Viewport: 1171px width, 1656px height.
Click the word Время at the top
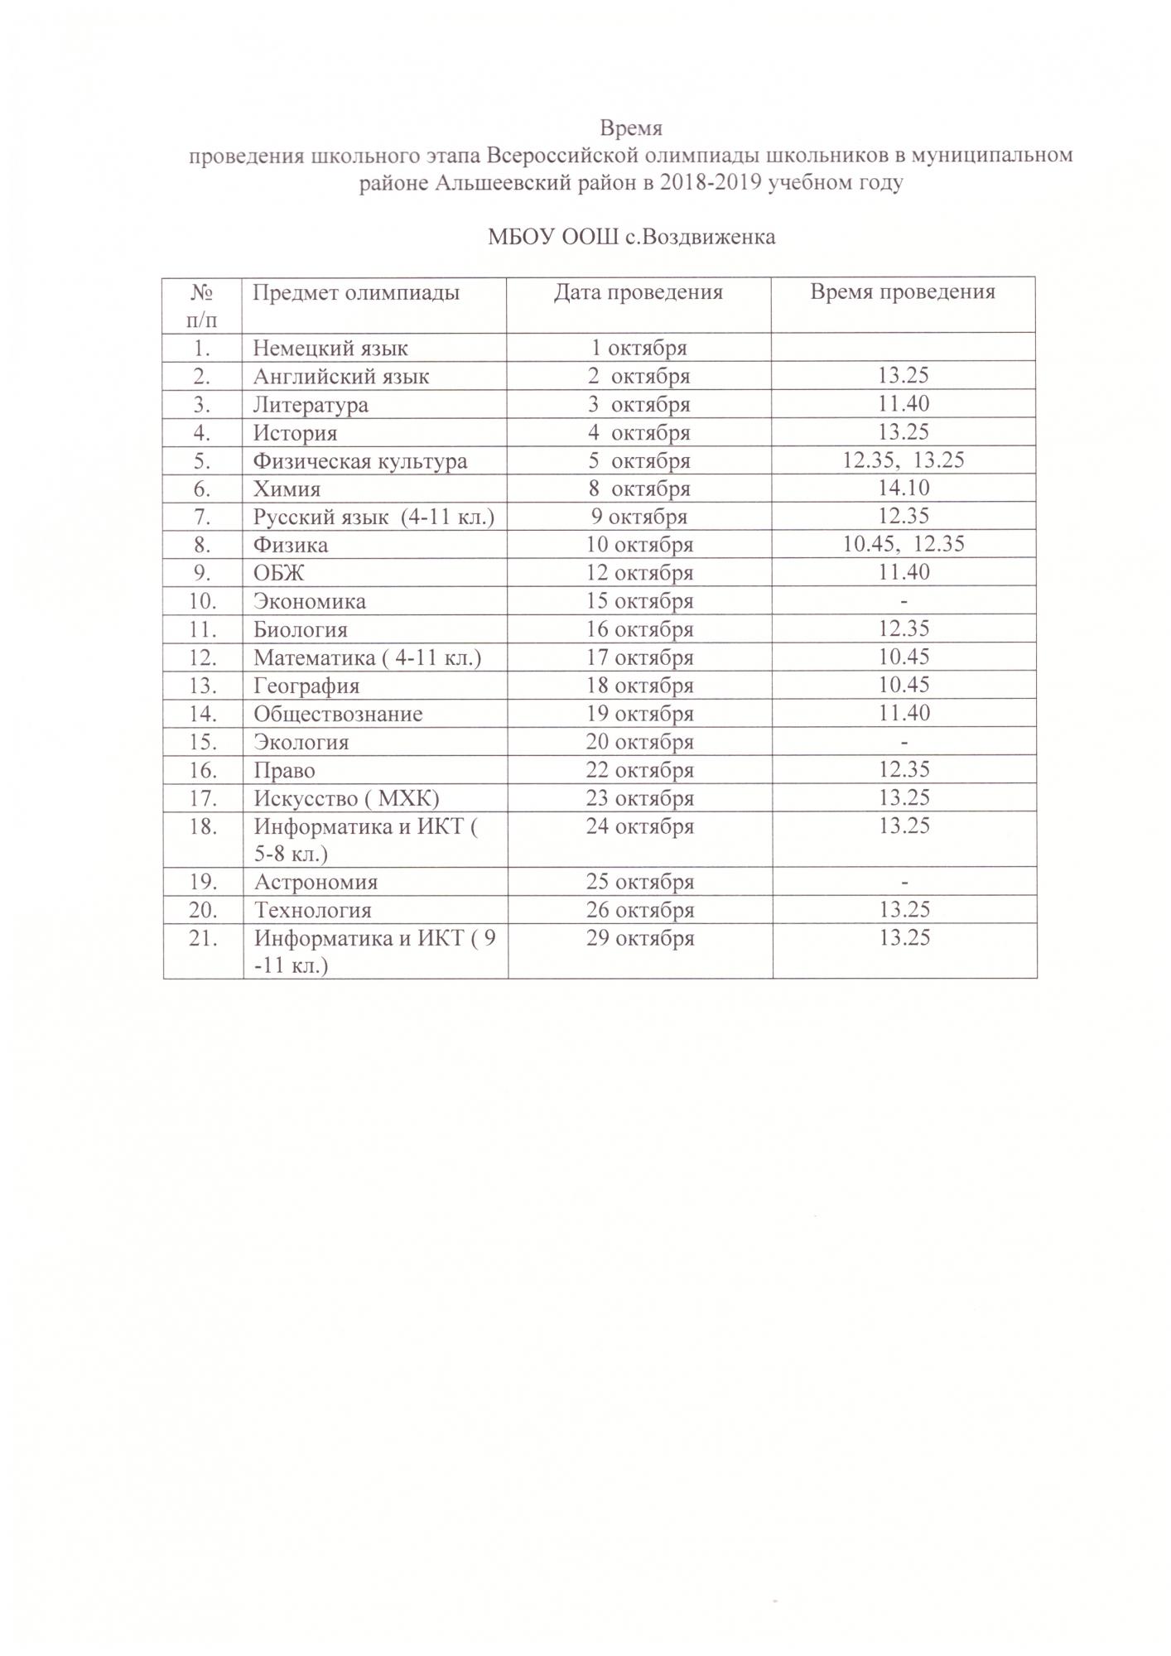tap(631, 129)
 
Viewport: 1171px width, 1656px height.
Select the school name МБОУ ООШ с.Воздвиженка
tap(631, 238)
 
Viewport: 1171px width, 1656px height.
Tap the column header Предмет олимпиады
tap(356, 292)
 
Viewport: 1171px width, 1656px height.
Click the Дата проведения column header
tap(639, 292)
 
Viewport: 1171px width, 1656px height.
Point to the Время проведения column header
tap(903, 292)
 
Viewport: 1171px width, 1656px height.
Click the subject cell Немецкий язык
tap(330, 349)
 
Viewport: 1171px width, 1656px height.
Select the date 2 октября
tap(639, 377)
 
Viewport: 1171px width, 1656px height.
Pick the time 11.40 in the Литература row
tap(904, 404)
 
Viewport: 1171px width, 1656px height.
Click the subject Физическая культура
tap(360, 461)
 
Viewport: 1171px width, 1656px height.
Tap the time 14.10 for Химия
tap(904, 489)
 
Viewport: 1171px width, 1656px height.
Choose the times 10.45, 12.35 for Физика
tap(904, 545)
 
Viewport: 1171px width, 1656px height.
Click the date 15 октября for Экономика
tap(639, 601)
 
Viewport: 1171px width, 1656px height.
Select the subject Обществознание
tap(338, 714)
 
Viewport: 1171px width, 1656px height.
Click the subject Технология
tap(312, 910)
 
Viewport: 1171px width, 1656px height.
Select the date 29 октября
tap(639, 938)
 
